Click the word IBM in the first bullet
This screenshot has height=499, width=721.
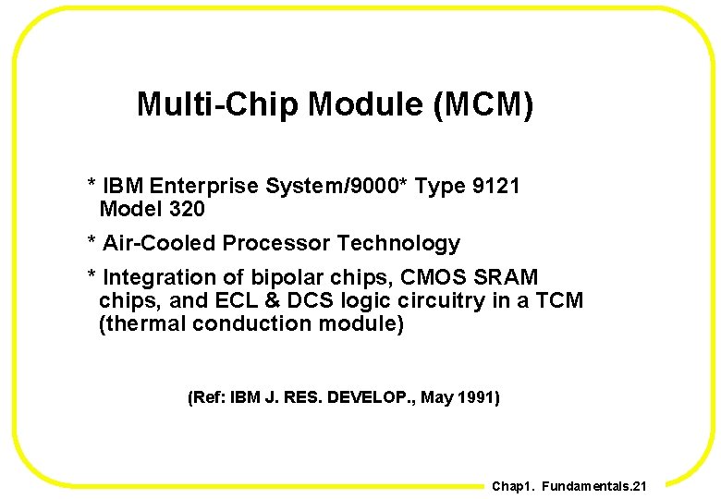coord(123,187)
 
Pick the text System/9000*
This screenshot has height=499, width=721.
coord(336,187)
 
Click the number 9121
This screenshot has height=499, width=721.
coord(495,187)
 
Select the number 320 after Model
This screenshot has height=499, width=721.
coord(187,210)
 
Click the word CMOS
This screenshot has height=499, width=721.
coord(432,277)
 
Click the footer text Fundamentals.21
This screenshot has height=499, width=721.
coord(594,486)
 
